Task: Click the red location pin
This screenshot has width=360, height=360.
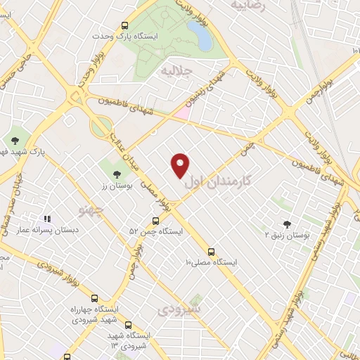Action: click(x=181, y=165)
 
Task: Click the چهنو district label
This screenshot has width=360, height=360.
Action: click(x=92, y=209)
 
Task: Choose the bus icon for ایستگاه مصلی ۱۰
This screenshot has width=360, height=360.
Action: click(x=211, y=252)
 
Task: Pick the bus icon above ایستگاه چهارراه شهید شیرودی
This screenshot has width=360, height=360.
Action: click(x=96, y=298)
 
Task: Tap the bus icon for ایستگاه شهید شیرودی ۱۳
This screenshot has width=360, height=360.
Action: click(x=128, y=325)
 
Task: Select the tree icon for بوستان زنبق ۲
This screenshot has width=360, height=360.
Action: click(x=286, y=223)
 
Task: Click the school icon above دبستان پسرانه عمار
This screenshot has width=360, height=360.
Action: click(x=48, y=219)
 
